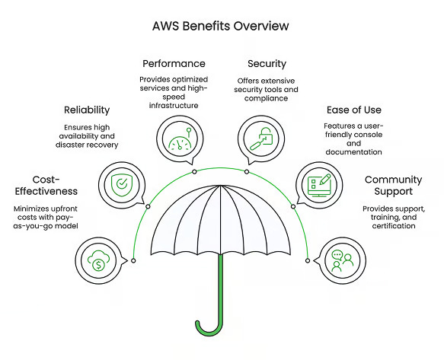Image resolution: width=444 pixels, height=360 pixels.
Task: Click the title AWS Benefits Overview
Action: (220, 26)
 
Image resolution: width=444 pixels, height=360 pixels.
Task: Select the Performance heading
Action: (174, 64)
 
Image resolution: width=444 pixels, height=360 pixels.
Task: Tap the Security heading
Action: (267, 64)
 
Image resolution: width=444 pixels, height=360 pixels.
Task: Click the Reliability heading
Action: (87, 110)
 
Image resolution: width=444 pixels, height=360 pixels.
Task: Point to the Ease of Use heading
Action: (354, 110)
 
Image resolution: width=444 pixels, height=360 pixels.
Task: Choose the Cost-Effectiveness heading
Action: (46, 186)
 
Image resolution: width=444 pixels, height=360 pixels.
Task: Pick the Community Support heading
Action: (393, 186)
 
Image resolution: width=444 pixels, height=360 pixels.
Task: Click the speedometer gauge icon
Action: (180, 139)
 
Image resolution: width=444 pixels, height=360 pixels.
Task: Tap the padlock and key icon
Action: (261, 139)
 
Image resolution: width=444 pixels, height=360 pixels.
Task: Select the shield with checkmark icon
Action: (122, 185)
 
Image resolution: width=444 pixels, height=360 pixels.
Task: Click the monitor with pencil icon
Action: (319, 186)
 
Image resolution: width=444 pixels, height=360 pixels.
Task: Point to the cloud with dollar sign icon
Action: (98, 260)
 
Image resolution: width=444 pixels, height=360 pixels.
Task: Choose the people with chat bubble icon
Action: (343, 260)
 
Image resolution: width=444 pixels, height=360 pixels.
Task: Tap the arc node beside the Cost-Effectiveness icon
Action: (133, 260)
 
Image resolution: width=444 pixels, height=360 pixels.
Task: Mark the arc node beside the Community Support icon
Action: (308, 260)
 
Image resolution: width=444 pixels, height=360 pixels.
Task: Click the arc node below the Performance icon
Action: (194, 172)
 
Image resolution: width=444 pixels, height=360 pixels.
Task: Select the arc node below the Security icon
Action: (247, 172)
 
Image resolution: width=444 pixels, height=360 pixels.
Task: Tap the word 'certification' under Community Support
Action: (394, 226)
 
